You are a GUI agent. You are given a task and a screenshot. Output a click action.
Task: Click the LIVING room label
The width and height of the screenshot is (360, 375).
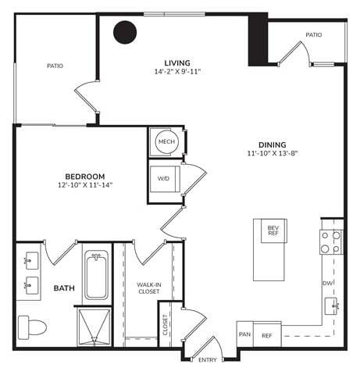pos(178,62)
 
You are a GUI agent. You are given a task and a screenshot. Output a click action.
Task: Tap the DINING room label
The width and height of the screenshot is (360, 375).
pos(273,145)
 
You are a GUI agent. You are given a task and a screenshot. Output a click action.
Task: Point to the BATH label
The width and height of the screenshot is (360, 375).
pos(64,288)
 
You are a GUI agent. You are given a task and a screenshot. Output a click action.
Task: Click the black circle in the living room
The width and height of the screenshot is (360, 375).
pos(125,32)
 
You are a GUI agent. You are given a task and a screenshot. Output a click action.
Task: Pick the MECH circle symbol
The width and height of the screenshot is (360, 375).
pos(166,141)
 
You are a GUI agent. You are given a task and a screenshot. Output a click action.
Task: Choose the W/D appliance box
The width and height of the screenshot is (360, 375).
pos(164,179)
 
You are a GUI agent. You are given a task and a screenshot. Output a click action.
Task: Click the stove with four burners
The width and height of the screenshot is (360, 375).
pos(331,241)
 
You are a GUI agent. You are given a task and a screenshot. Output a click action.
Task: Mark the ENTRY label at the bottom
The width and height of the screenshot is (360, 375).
pos(208,360)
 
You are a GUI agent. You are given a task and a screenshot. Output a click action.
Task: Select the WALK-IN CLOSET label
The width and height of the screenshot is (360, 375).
pos(148,288)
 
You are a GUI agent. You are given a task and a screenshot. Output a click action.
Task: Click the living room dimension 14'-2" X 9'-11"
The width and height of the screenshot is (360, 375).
pos(178,73)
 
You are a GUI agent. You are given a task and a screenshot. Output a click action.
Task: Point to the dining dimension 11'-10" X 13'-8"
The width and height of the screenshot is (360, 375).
pos(273,154)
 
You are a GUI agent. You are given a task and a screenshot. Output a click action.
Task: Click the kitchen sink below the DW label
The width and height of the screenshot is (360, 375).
pos(331,305)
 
